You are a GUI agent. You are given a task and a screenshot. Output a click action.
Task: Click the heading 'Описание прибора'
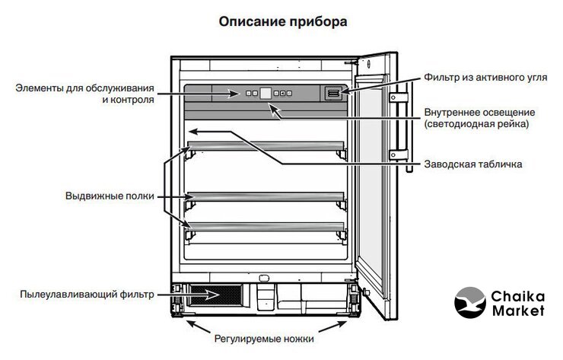(282, 21)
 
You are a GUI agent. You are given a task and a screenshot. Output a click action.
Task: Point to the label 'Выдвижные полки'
(110, 196)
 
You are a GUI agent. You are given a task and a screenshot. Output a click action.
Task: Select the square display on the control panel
(266, 94)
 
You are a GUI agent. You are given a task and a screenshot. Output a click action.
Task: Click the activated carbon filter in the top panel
(333, 93)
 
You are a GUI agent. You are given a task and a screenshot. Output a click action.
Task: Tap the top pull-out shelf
(267, 145)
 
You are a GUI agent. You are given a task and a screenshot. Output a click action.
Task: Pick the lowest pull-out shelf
(267, 226)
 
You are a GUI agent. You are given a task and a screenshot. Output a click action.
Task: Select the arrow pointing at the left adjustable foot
(191, 326)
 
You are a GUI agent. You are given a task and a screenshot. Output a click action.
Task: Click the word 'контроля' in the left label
(134, 99)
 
